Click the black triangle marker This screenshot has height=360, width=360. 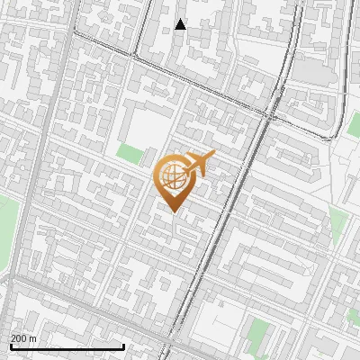(x=181, y=24)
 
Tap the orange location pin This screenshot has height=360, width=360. (x=174, y=180)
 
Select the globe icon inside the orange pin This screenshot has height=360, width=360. (x=172, y=175)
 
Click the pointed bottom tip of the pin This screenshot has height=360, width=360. (x=173, y=211)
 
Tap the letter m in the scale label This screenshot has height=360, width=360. (x=33, y=338)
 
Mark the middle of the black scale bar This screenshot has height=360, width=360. (x=67, y=346)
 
